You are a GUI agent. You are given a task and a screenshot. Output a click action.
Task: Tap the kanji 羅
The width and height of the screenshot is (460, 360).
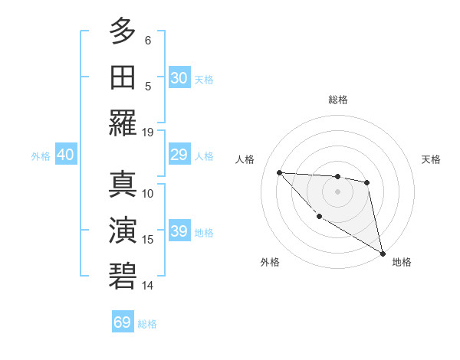pyautogui.click(x=123, y=123)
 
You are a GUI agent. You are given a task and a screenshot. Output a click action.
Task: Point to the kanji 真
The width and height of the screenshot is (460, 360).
pyautogui.click(x=123, y=184)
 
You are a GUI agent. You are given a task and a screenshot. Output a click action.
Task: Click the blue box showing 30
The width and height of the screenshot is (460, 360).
pyautogui.click(x=179, y=77)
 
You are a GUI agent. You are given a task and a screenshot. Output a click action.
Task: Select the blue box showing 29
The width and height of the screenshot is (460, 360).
pyautogui.click(x=179, y=155)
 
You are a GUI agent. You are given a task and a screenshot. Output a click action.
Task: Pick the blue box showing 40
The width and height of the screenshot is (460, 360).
pyautogui.click(x=65, y=155)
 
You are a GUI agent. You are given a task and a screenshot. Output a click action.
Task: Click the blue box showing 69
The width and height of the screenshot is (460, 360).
pyautogui.click(x=123, y=322)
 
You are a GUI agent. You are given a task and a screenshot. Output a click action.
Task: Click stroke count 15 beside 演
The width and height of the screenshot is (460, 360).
pyautogui.click(x=148, y=240)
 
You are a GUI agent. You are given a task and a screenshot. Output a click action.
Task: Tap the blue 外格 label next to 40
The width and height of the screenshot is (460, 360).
pyautogui.click(x=41, y=156)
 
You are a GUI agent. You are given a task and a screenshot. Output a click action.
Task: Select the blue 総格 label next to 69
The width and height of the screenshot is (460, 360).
pyautogui.click(x=147, y=324)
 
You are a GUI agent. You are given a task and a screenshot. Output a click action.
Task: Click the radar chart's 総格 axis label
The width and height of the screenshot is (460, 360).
pyautogui.click(x=338, y=100)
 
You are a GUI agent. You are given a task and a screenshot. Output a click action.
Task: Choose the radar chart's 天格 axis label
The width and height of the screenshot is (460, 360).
pyautogui.click(x=431, y=159)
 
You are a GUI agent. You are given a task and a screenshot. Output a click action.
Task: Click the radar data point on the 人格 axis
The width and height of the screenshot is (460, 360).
pyautogui.click(x=280, y=172)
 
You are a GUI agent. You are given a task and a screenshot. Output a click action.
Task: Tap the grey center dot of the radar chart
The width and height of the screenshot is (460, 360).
pyautogui.click(x=337, y=191)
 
